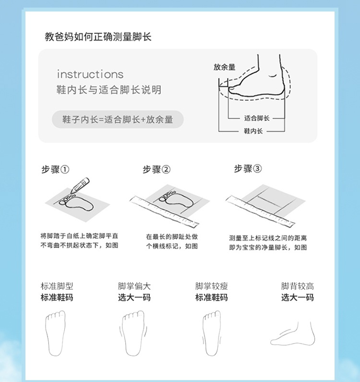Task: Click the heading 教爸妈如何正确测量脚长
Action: click(x=98, y=37)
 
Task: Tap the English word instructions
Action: click(x=90, y=74)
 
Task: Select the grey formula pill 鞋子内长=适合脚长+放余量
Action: click(x=118, y=119)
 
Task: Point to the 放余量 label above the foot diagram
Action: click(x=225, y=67)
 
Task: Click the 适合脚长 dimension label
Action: click(x=257, y=119)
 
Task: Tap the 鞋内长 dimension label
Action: click(x=253, y=131)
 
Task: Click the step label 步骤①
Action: click(x=55, y=169)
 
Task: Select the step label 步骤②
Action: click(x=156, y=169)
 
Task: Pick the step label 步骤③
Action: click(x=248, y=168)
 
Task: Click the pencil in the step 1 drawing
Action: click(x=80, y=185)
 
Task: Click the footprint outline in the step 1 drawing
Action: click(x=76, y=202)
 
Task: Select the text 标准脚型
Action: click(x=57, y=286)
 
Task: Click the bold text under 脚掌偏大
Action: click(x=134, y=298)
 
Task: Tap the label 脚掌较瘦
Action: click(x=211, y=286)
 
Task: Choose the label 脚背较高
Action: click(x=297, y=286)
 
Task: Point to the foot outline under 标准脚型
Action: click(x=55, y=333)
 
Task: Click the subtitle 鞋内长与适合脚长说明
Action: click(x=109, y=90)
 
